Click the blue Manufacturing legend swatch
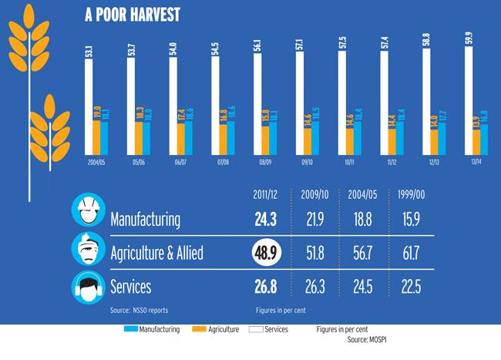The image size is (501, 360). click(x=129, y=329)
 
